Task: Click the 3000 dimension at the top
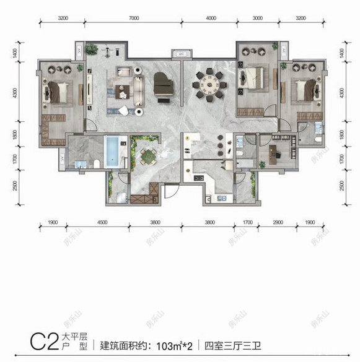[x=258, y=19]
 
